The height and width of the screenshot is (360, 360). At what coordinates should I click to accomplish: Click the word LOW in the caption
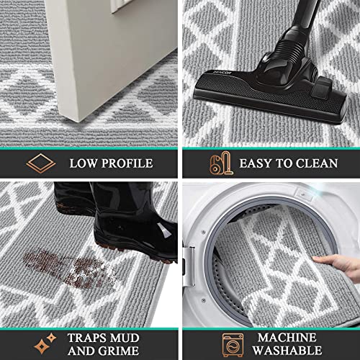(83, 163)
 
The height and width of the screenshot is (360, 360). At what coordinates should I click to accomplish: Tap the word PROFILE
(127, 163)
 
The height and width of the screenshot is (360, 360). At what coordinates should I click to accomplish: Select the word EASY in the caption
(256, 163)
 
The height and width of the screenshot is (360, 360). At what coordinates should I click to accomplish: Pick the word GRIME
(119, 351)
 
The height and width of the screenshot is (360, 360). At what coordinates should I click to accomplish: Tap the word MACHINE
(287, 338)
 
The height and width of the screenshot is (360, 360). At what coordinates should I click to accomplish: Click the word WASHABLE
(287, 351)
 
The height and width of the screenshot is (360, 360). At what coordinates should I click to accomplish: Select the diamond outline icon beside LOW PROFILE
(41, 163)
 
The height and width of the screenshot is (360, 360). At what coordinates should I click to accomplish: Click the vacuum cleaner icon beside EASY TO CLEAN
(221, 163)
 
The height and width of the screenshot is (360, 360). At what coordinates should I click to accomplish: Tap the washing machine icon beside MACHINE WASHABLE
(233, 345)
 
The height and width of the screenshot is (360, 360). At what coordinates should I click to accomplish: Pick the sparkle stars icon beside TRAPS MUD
(45, 343)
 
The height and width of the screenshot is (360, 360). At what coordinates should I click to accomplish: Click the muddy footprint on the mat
(70, 269)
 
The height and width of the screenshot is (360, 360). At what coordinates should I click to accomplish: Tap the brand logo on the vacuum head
(222, 73)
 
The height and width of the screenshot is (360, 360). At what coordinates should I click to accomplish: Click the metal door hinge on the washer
(189, 266)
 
